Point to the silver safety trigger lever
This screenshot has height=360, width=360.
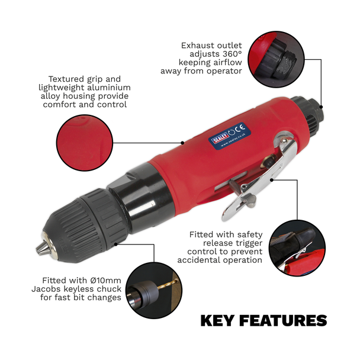pos(265,172)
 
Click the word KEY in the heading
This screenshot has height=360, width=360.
pos(218,322)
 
